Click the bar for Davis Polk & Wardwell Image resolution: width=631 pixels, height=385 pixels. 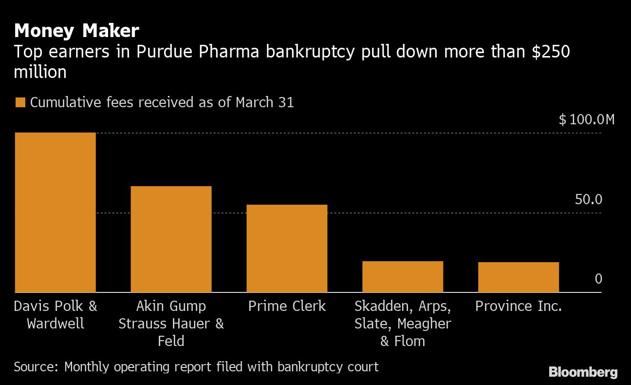55,212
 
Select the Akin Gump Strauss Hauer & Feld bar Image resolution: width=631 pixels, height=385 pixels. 171,239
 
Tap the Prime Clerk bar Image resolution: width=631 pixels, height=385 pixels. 287,249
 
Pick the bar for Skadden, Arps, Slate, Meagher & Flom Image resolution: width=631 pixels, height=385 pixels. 403,277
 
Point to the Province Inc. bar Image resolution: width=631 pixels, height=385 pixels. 519,277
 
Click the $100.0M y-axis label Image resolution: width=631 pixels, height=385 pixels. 587,119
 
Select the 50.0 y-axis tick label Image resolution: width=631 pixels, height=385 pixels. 588,199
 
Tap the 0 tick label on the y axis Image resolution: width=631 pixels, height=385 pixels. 598,279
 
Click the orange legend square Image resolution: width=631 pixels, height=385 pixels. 20,103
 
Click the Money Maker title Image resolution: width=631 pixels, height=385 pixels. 76,31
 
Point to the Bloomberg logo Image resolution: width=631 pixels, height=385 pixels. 583,372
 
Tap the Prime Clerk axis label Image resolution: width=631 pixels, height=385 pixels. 287,306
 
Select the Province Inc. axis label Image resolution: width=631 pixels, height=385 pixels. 519,306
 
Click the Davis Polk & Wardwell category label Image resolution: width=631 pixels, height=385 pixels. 55,315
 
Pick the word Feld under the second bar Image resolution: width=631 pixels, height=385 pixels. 171,341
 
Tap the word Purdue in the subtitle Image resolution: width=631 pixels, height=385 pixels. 165,52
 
